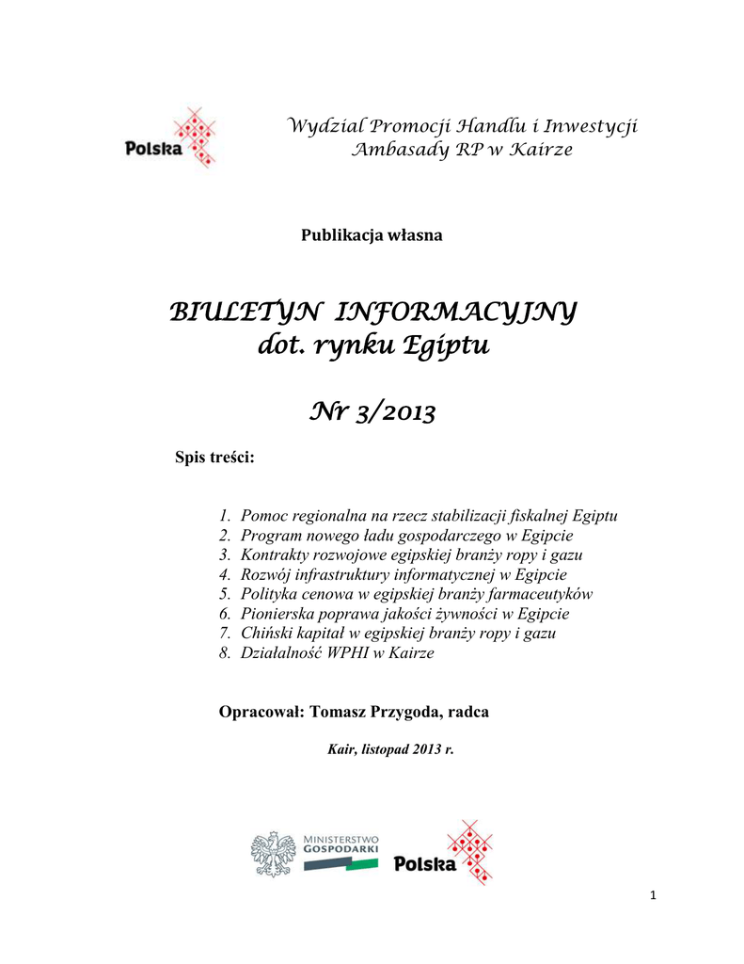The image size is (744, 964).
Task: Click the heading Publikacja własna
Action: (x=371, y=235)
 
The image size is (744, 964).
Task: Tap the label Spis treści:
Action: (x=215, y=458)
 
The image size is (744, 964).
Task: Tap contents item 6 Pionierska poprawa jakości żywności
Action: (x=404, y=614)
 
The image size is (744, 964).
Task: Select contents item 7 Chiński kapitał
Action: (x=398, y=634)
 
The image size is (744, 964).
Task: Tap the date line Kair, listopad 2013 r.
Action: (x=389, y=750)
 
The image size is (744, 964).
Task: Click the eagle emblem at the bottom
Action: (x=274, y=853)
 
